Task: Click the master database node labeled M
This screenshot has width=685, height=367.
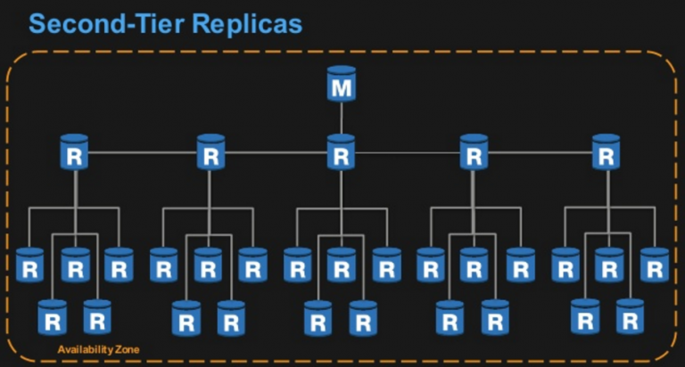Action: click(342, 84)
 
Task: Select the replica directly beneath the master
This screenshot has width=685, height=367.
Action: click(342, 151)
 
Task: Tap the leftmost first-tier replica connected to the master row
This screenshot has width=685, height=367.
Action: click(74, 151)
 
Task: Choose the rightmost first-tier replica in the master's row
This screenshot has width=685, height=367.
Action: click(606, 151)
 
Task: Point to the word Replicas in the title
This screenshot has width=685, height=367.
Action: click(247, 23)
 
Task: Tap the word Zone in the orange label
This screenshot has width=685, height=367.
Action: click(128, 349)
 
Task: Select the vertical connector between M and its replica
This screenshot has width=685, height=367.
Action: click(342, 118)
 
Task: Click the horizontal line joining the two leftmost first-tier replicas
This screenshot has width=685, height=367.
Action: click(143, 152)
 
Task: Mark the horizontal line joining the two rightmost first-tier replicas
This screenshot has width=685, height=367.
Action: click(540, 152)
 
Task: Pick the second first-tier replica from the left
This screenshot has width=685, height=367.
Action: click(211, 151)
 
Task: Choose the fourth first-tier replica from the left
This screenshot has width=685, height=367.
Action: click(474, 151)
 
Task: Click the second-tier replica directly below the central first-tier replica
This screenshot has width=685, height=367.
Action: click(342, 265)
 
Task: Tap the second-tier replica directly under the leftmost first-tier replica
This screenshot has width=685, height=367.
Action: click(75, 265)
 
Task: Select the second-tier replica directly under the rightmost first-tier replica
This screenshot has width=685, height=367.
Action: click(609, 265)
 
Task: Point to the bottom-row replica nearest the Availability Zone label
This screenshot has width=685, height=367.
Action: click(97, 317)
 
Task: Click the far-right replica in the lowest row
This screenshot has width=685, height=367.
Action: click(630, 317)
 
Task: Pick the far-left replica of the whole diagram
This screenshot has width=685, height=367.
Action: click(29, 265)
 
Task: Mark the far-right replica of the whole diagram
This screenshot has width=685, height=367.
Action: click(655, 265)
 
